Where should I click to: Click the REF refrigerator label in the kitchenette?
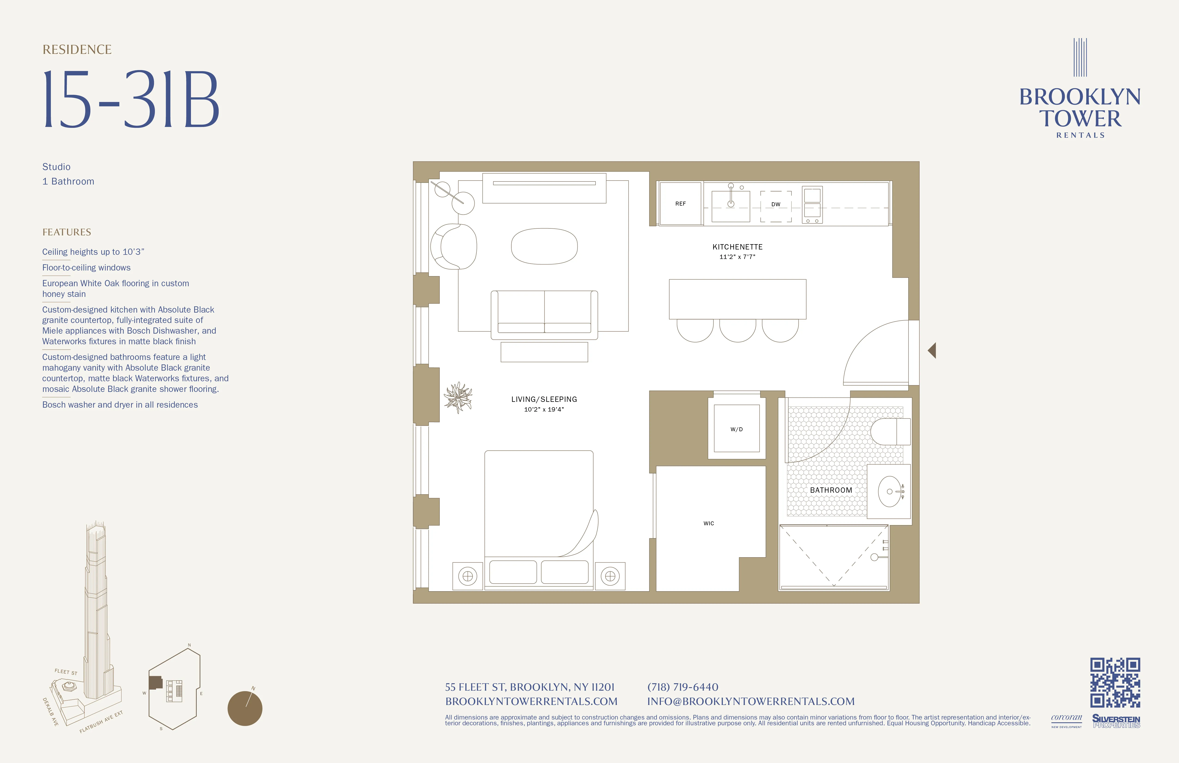coord(680,204)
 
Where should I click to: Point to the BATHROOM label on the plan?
coord(831,490)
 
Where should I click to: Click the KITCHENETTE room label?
coord(737,247)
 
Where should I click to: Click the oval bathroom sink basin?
coord(890,492)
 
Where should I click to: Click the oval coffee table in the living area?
coord(544,246)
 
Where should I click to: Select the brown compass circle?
coord(245,708)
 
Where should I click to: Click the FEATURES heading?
coord(67,232)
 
